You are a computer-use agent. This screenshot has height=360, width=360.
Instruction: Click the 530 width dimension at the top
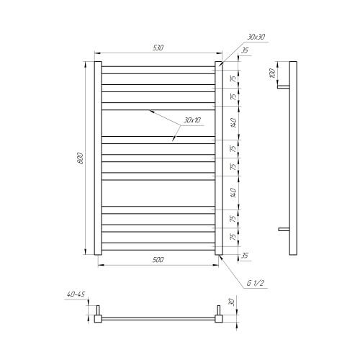tap(158, 48)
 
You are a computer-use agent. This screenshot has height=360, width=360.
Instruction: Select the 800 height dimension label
tap(81, 158)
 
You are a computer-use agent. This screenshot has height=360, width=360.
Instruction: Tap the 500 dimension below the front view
tap(158, 260)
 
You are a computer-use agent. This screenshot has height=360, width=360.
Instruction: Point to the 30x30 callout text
tap(256, 37)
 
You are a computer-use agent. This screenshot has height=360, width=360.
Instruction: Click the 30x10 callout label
tap(192, 120)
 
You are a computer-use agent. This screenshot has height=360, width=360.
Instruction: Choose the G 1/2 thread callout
tap(256, 283)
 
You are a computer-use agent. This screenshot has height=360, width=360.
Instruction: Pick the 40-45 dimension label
tap(76, 294)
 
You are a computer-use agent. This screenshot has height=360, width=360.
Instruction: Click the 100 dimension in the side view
tap(272, 73)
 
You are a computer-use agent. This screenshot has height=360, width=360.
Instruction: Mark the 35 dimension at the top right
tap(245, 50)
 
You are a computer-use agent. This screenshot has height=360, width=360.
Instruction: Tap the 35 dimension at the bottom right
tap(244, 256)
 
